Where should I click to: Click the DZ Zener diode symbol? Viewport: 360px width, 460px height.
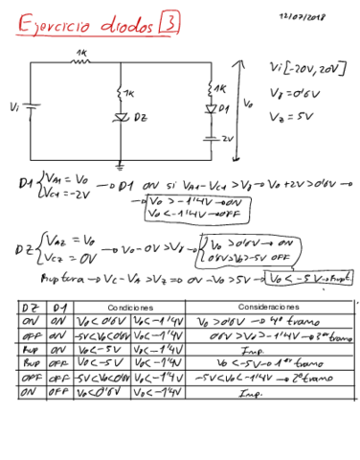point(121,118)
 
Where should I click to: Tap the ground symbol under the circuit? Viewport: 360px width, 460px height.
point(120,163)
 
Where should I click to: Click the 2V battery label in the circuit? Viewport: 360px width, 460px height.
point(226,138)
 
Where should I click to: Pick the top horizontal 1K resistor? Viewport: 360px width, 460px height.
point(81,58)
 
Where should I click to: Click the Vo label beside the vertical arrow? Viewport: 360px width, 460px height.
point(248,102)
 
